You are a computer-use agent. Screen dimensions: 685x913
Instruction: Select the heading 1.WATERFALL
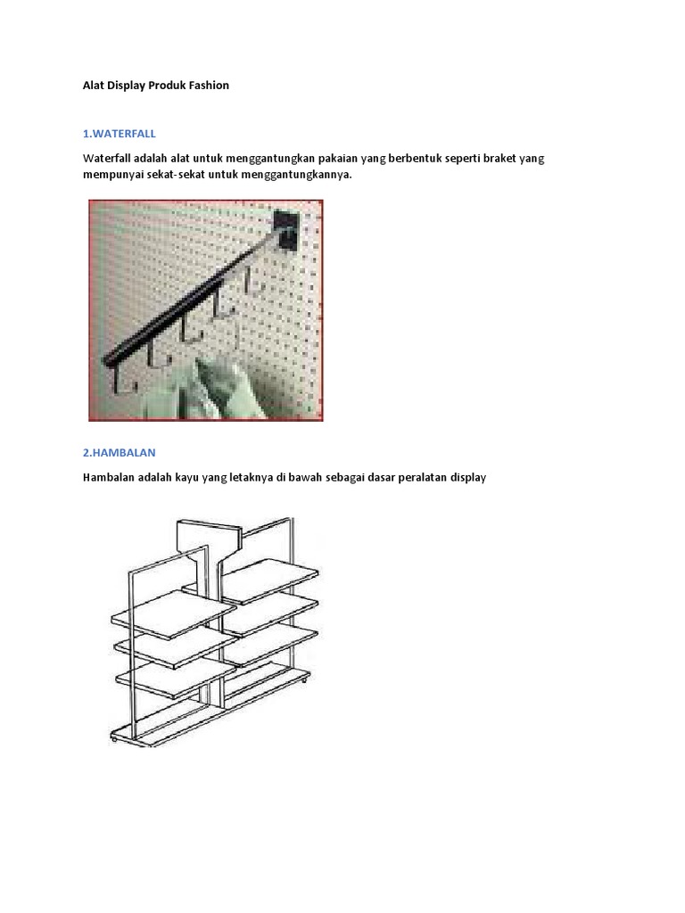pyautogui.click(x=120, y=134)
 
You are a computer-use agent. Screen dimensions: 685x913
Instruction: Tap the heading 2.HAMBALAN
pyautogui.click(x=119, y=452)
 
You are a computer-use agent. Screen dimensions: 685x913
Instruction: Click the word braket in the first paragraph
pyautogui.click(x=499, y=159)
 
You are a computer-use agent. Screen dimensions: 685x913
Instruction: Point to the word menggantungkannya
pyautogui.click(x=296, y=175)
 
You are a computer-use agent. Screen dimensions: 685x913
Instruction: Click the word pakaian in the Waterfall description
pyautogui.click(x=338, y=159)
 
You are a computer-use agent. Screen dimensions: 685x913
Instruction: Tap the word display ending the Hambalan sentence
pyautogui.click(x=468, y=478)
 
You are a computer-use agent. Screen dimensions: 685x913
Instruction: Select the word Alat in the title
pyautogui.click(x=93, y=85)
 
